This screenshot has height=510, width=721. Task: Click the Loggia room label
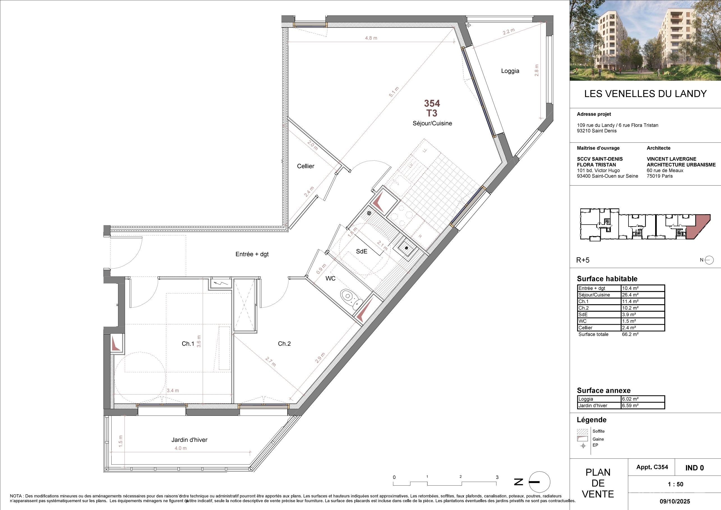[x=510, y=71]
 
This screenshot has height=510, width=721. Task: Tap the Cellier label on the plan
[x=306, y=166]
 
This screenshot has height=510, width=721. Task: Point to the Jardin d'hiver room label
[x=189, y=440]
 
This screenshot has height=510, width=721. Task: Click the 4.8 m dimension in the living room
[x=371, y=38]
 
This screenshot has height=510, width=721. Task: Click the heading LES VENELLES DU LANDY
[x=645, y=94]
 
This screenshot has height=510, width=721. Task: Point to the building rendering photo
[x=645, y=40]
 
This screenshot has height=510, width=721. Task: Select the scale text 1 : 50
[x=676, y=484]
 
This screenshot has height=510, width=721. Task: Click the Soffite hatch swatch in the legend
[x=582, y=431]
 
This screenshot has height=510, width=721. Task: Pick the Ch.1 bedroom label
[x=188, y=343]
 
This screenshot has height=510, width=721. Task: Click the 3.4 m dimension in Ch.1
[x=173, y=391]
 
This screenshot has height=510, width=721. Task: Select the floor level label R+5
[x=583, y=260]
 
